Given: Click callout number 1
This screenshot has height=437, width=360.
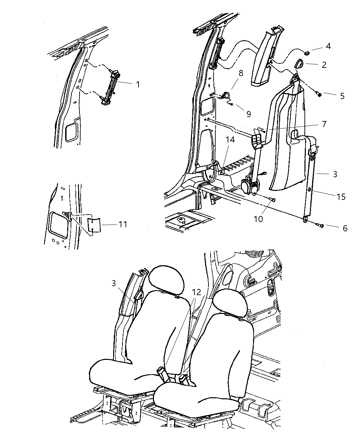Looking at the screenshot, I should [138, 84].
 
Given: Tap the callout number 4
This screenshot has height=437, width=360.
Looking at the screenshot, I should [328, 46].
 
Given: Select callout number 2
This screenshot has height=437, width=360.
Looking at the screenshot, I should [324, 64].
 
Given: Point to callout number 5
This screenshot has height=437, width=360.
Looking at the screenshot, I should [342, 96].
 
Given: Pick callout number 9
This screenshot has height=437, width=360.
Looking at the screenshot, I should [248, 114].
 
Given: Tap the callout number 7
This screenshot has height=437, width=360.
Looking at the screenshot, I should [324, 124].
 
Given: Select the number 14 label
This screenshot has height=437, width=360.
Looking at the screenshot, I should [230, 140].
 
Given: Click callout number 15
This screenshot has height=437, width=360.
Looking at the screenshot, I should [341, 197].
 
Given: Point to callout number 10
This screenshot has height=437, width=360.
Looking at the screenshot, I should [258, 218].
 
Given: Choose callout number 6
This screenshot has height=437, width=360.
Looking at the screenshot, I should [345, 228].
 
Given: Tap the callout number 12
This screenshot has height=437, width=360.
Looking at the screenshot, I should [196, 292].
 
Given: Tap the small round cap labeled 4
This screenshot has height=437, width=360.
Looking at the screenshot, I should [307, 53].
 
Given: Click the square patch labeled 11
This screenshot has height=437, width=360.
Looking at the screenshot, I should [94, 224].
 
